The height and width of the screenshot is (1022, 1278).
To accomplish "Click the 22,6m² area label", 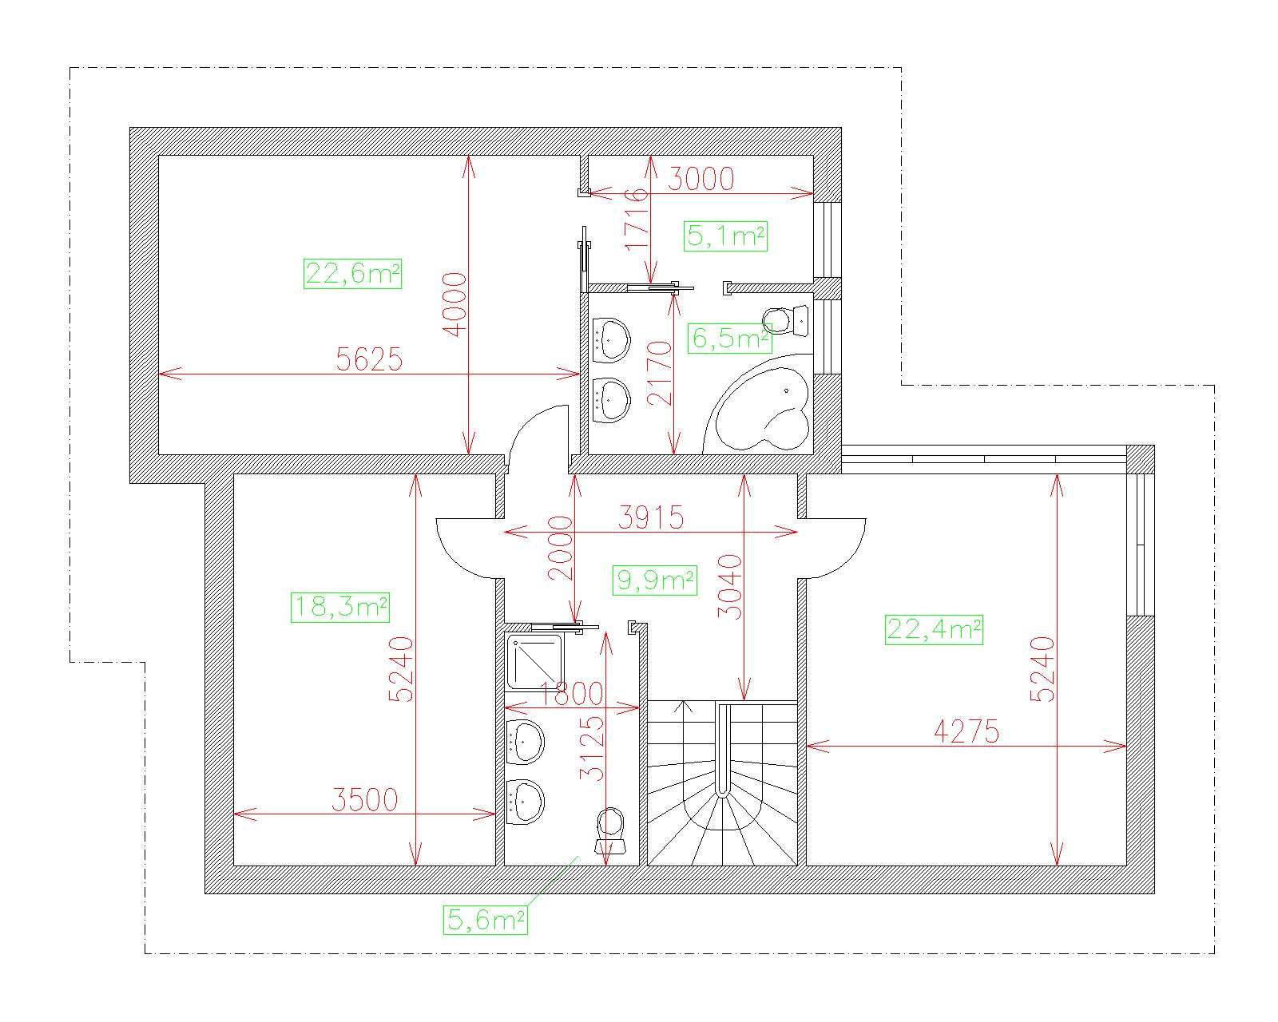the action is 352,274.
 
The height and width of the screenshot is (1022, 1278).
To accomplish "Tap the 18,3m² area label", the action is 339,607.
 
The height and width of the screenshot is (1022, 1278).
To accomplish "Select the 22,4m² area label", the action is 934,629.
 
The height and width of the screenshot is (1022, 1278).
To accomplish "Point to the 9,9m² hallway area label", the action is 654,580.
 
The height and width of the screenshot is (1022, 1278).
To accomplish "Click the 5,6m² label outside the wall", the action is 485,920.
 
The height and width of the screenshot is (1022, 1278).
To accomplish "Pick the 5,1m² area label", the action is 725,236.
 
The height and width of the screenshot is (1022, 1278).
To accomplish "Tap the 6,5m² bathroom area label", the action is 730,339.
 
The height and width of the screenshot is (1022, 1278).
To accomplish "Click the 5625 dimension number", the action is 369,359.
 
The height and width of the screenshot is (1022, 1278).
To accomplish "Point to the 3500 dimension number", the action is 364,800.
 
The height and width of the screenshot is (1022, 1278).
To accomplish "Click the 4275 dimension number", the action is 966,731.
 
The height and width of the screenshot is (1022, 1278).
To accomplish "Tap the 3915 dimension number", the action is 651,517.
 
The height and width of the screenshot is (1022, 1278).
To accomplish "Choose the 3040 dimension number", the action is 730,588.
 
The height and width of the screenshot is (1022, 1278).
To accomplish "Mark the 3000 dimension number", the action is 701,179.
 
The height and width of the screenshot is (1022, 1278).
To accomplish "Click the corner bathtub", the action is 760,406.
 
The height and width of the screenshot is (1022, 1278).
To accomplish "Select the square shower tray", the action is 534,662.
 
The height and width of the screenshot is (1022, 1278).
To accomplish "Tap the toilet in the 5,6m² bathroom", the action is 610,831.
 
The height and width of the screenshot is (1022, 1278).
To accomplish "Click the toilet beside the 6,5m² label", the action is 786,321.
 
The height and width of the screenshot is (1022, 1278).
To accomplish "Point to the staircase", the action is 721,783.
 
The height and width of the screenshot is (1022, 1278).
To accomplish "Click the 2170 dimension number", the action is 659,373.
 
